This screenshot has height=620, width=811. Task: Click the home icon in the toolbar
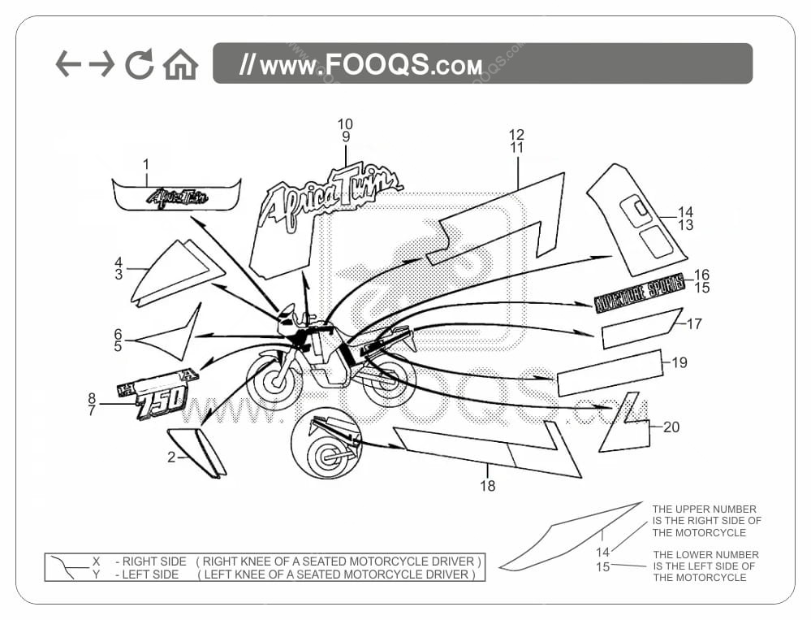180,65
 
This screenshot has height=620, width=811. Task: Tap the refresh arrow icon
140,64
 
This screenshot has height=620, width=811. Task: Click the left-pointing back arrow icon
68,63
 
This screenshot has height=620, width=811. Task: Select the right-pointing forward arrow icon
101,63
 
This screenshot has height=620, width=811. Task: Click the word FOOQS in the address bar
378,64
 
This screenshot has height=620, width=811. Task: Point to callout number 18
487,486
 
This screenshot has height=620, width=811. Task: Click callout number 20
671,427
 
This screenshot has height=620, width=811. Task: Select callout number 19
679,362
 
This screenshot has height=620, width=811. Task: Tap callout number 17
694,323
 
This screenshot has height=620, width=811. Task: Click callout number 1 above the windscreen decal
146,164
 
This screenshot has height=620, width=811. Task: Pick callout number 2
171,457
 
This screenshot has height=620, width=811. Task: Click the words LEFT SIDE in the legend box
150,574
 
